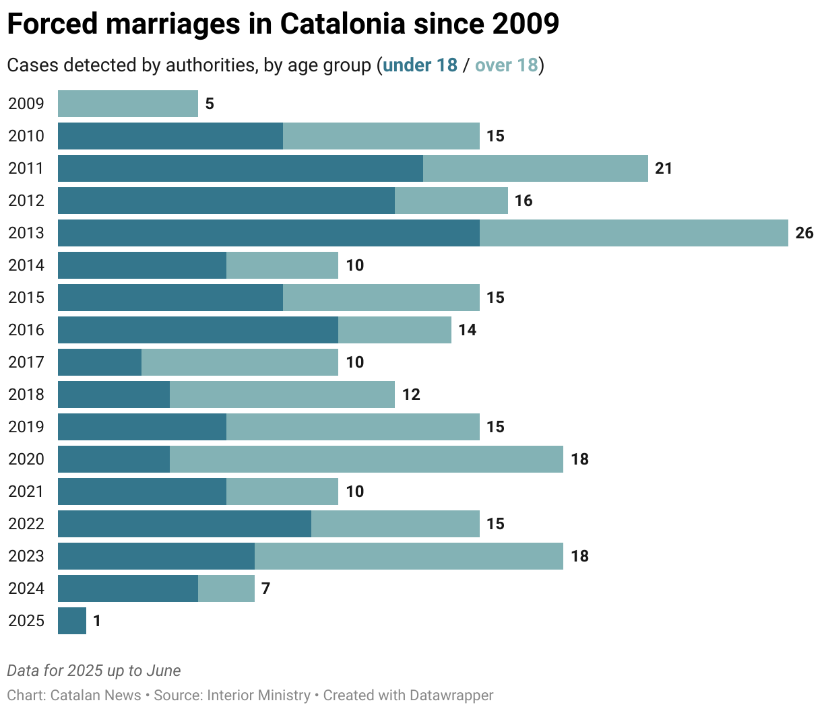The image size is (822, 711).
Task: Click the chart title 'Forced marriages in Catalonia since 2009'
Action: pos(283,24)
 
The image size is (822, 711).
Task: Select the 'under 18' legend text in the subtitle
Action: pos(420,65)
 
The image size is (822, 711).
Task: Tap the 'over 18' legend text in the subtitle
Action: pos(506,65)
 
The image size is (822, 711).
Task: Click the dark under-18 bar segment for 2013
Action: pos(268,233)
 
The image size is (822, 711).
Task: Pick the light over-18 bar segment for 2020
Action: pos(366,459)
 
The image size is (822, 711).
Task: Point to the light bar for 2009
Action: pos(128,104)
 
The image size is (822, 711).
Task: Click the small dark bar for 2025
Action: pos(72,621)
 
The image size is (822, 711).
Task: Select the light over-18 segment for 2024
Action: pos(226,588)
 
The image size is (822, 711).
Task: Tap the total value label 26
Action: pos(804,233)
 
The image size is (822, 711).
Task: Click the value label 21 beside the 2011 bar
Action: pos(664,168)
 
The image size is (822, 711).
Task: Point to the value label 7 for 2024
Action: pos(265,588)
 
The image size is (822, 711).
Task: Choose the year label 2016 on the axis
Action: pos(26,330)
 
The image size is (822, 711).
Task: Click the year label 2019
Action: pos(26,427)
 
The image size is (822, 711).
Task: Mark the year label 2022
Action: pos(26,524)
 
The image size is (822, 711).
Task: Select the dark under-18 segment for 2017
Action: pos(100,362)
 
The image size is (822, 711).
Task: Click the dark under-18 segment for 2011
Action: pos(240,168)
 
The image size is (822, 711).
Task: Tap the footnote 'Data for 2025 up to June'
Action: pos(94,671)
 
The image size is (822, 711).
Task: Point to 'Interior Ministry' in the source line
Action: pos(259,695)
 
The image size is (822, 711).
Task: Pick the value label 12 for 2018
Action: pos(411,395)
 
